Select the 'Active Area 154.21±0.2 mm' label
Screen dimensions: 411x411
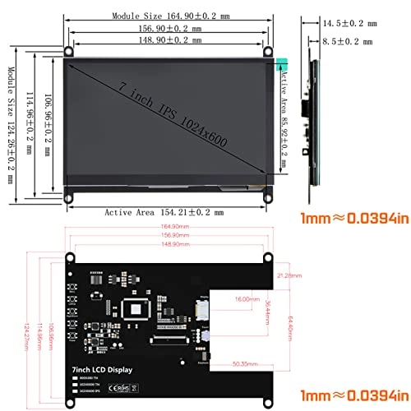click(x=164, y=212)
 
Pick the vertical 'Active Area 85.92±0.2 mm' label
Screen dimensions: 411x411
click(x=284, y=123)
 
